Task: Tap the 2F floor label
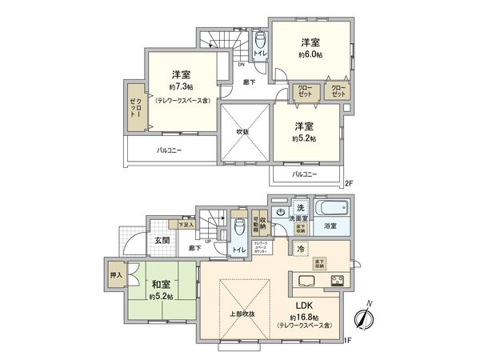click(349, 183)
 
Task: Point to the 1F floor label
click(349, 340)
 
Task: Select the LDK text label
click(307, 305)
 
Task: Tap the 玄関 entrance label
click(161, 240)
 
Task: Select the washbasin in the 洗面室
click(278, 213)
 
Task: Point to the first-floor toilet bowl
click(238, 227)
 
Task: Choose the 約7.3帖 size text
click(180, 86)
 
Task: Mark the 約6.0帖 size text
click(311, 54)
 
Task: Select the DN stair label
click(241, 65)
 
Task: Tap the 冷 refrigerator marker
click(300, 249)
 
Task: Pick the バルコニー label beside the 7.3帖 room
click(169, 150)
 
